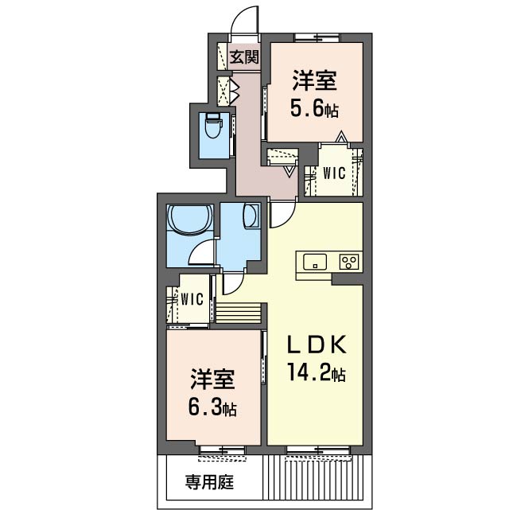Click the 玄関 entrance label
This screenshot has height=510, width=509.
(244, 57)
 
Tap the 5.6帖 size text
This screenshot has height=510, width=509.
(314, 109)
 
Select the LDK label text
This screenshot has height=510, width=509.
(317, 345)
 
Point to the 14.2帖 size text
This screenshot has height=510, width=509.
(316, 372)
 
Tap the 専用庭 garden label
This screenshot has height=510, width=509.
(209, 482)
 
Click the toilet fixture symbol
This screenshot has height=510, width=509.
(214, 125)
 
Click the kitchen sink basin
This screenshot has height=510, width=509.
(315, 262)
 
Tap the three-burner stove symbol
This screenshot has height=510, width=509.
(349, 262)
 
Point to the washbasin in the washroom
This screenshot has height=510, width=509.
(251, 216)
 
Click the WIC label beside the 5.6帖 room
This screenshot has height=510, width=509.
(334, 173)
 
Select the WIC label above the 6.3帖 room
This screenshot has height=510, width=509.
(192, 299)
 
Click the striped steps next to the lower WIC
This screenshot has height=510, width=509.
(239, 313)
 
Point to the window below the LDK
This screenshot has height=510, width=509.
(318, 450)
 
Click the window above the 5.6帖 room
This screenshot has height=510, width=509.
(317, 37)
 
